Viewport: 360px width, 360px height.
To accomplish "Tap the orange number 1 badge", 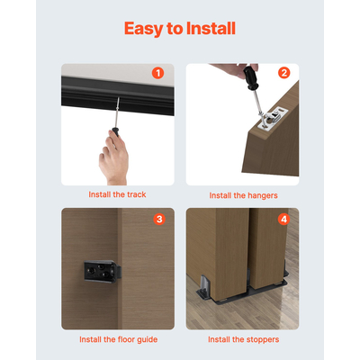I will click(158, 73).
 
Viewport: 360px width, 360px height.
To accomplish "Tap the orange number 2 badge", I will click(283, 73).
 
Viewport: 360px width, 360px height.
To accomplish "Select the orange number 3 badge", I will click(158, 219).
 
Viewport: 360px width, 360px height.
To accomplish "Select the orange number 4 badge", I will click(283, 219).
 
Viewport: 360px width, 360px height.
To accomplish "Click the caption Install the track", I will click(117, 194).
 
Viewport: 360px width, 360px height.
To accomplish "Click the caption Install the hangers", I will click(243, 194).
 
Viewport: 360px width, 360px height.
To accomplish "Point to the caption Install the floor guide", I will click(117, 339).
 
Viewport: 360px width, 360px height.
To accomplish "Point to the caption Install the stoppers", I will click(243, 339).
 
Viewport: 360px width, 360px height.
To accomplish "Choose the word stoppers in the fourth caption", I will click(261, 339).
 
